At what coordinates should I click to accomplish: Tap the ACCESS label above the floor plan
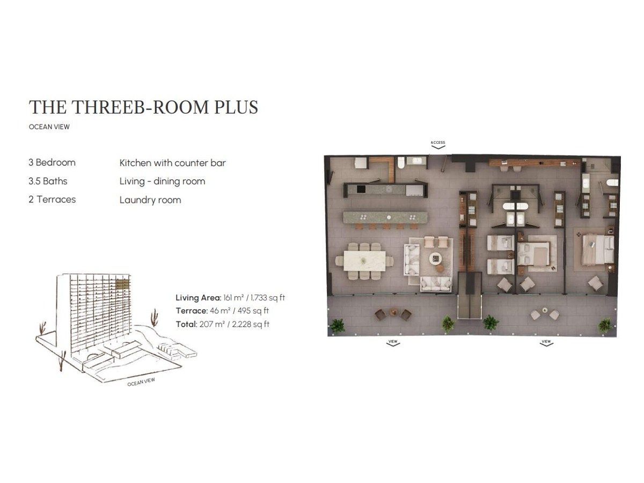pyautogui.click(x=438, y=143)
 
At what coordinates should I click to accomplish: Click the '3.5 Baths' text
pyautogui.click(x=48, y=181)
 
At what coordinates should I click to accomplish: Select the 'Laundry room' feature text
pyautogui.click(x=150, y=200)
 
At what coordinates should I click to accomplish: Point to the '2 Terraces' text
pyautogui.click(x=52, y=200)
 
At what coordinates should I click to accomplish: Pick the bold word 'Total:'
pyautogui.click(x=187, y=324)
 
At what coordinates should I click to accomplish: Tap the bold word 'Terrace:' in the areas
pyautogui.click(x=192, y=311)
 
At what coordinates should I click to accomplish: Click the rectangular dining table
pyautogui.click(x=364, y=261)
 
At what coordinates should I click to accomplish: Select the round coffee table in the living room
pyautogui.click(x=435, y=258)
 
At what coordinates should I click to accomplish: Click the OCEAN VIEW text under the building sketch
pyautogui.click(x=141, y=382)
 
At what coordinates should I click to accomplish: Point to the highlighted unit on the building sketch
pyautogui.click(x=123, y=285)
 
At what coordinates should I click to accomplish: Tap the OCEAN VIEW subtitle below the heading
pyautogui.click(x=49, y=127)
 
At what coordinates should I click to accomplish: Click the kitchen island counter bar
pyautogui.click(x=385, y=217)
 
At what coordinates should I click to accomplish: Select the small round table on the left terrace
pyautogui.click(x=393, y=312)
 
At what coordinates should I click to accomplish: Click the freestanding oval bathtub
pyautogui.click(x=515, y=207)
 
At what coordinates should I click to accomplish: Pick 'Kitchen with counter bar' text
pyautogui.click(x=172, y=163)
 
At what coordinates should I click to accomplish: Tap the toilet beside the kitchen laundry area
pyautogui.click(x=401, y=163)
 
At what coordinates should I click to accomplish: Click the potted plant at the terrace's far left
pyautogui.click(x=338, y=326)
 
